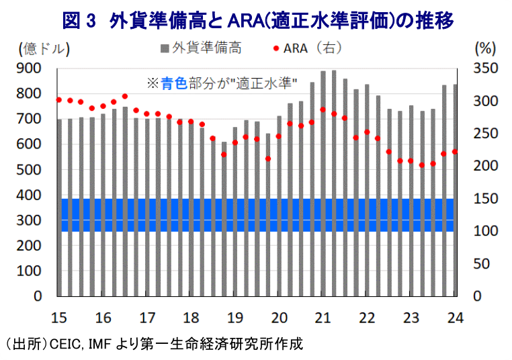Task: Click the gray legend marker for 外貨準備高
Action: [x=165, y=48]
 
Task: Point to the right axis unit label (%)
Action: [x=484, y=48]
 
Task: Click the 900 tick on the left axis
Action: [x=28, y=69]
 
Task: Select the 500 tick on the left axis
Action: [x=28, y=170]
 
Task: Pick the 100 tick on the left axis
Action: [x=28, y=271]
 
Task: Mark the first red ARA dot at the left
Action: [x=59, y=99]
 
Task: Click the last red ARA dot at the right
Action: [x=454, y=152]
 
